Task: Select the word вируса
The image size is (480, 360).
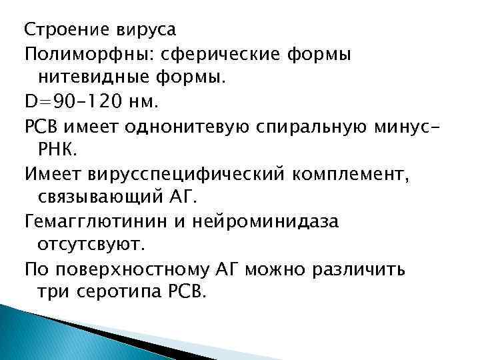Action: (x=137, y=31)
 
